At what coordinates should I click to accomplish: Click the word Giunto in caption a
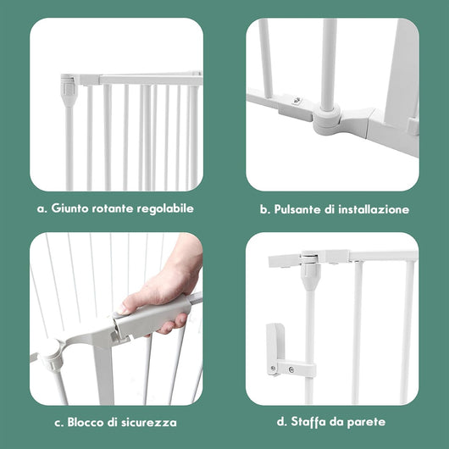pyautogui.click(x=70, y=208)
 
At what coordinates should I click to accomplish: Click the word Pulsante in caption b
pyautogui.click(x=297, y=208)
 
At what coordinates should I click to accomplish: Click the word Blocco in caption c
pyautogui.click(x=83, y=422)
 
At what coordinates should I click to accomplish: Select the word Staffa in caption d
pyautogui.click(x=306, y=422)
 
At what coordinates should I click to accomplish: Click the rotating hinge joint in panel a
pyautogui.click(x=68, y=86)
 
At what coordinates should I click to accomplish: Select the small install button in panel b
pyautogui.click(x=294, y=99)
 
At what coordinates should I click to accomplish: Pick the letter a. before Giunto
pyautogui.click(x=42, y=208)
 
